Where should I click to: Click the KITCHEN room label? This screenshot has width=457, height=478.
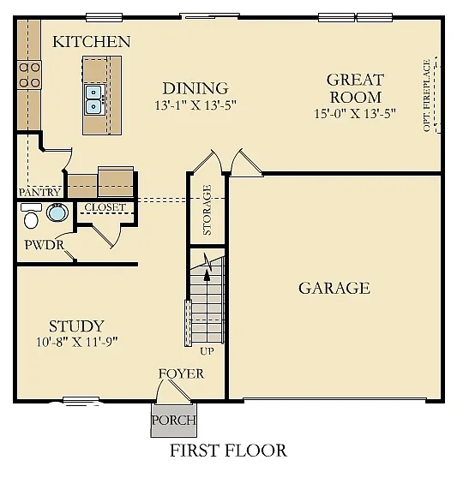(x=92, y=42)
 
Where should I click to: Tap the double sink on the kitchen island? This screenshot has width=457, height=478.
(x=93, y=99)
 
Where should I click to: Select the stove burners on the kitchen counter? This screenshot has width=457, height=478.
(x=29, y=75)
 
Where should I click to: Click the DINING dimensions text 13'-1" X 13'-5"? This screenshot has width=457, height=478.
(x=195, y=105)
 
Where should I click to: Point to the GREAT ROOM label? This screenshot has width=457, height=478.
(x=355, y=87)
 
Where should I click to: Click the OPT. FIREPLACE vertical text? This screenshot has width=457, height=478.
(x=426, y=95)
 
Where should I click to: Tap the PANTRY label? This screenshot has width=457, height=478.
(x=39, y=193)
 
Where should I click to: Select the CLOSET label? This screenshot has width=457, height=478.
(x=105, y=207)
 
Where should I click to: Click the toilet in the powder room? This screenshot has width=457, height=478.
(x=32, y=220)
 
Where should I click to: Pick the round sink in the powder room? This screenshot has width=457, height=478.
(x=57, y=212)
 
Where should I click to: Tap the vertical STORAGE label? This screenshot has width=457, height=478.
(x=207, y=210)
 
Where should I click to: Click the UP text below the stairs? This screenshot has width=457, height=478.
(x=207, y=351)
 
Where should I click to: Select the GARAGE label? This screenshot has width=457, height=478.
(x=334, y=288)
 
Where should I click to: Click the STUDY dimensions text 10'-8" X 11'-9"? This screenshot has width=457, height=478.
(x=76, y=341)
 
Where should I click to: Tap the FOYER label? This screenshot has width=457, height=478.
(x=181, y=373)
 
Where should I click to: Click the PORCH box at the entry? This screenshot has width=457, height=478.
(x=173, y=420)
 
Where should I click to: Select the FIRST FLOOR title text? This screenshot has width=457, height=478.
(x=228, y=450)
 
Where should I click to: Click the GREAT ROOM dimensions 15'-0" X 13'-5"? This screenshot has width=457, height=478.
(x=355, y=112)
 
